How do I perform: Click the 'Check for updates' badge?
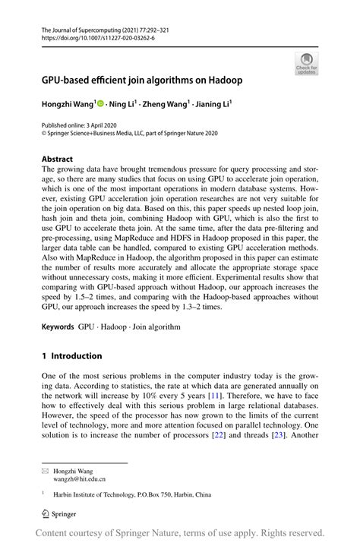click(306, 64)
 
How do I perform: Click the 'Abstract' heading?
click(58, 159)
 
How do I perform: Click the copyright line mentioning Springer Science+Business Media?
click(129, 132)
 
